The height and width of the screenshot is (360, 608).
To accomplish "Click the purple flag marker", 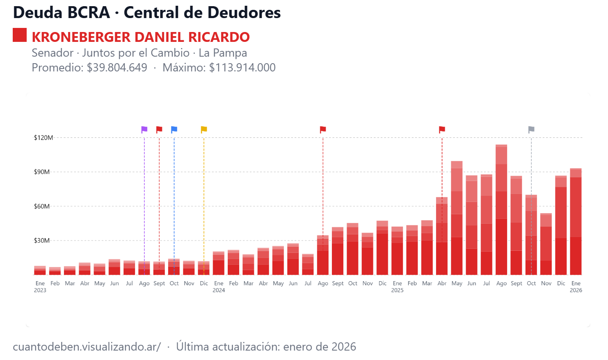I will pos(144,129).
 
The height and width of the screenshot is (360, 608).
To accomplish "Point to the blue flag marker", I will pos(174,129).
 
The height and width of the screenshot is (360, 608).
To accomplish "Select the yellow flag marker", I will pos(204,129).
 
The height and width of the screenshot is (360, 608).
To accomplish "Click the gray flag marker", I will pos(531,129).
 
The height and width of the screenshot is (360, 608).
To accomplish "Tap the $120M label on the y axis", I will pos(43,138).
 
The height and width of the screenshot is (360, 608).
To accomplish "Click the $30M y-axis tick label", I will pos(41,241).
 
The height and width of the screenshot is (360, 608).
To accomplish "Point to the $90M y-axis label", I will pos(41,172).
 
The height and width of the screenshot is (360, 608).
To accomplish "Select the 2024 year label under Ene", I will pos(219,290).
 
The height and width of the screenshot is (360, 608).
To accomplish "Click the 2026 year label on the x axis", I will pos(576,290).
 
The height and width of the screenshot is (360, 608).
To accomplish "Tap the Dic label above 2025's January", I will pos(382,283).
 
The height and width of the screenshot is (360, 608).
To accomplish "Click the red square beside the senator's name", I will pos(20,35).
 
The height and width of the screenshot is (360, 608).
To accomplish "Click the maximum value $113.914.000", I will pos(242,67).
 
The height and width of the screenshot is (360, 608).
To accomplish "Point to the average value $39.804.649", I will pos(117,67).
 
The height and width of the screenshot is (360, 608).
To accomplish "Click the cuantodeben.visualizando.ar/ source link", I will pos(87,346).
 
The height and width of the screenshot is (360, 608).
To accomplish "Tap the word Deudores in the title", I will pos(243,12).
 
